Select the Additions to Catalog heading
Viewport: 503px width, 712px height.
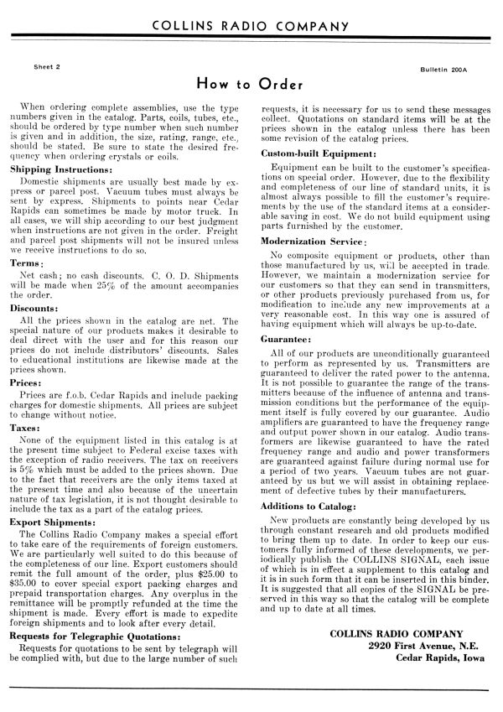[x=312, y=484]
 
